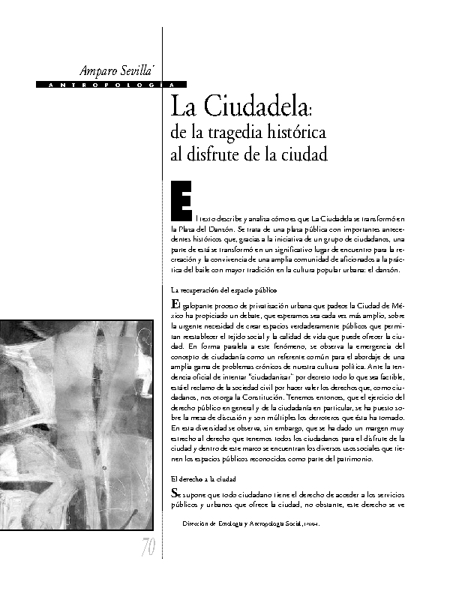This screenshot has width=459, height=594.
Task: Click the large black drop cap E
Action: (181, 198)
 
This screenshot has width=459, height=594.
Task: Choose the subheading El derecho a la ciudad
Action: (203, 478)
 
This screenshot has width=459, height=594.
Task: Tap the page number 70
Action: (148, 549)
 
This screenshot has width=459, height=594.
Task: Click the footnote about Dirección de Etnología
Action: (262, 525)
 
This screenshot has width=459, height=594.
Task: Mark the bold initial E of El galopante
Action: (175, 304)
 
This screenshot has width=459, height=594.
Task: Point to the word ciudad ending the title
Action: (307, 156)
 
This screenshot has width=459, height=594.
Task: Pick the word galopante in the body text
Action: (200, 306)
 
